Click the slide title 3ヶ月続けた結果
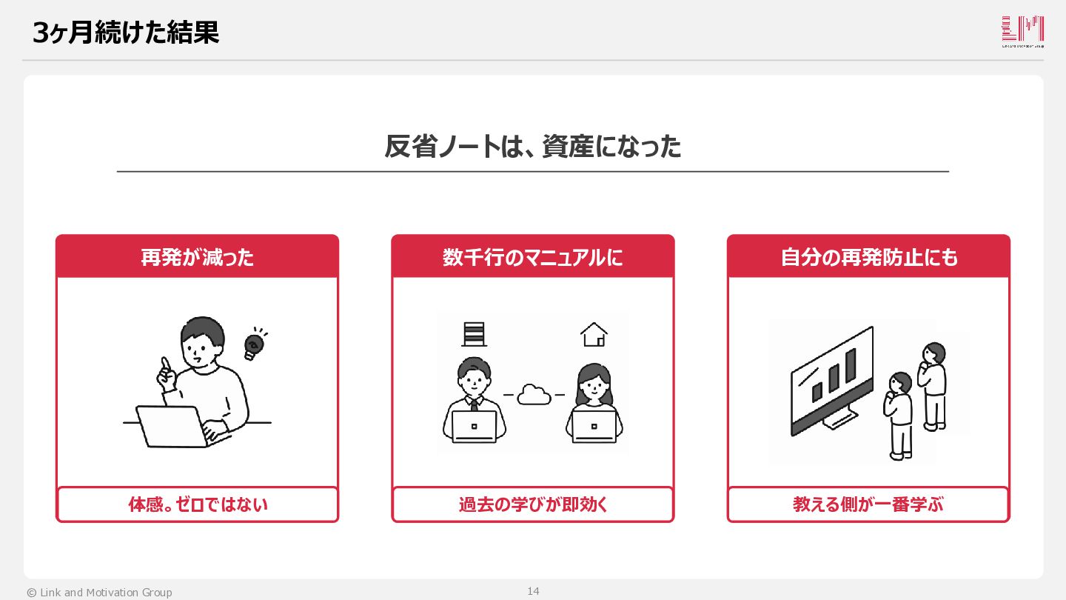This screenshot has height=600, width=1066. tap(126, 33)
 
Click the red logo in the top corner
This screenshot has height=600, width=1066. tap(1023, 31)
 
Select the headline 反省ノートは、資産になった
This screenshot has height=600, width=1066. tap(532, 146)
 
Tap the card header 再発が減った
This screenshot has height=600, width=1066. tap(197, 258)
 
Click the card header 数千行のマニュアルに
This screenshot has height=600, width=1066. tap(532, 258)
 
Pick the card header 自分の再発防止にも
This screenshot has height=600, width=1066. tap(869, 258)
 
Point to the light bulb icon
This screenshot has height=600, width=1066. tap(255, 344)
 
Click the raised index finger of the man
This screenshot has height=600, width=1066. tap(166, 365)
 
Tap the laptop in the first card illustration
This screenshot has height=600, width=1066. tap(176, 427)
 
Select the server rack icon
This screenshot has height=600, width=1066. tap(474, 334)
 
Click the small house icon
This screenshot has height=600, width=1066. tap(594, 334)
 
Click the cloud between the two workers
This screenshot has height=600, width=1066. tap(534, 394)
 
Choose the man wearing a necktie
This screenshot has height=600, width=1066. tap(474, 400)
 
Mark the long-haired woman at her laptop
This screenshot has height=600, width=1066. tap(594, 403)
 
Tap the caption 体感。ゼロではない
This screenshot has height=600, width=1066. tap(198, 504)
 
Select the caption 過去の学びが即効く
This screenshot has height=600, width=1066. tap(533, 504)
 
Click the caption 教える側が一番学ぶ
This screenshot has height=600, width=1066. tap(868, 504)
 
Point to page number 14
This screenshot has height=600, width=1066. tap(533, 591)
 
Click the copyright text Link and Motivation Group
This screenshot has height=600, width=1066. tap(106, 593)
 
